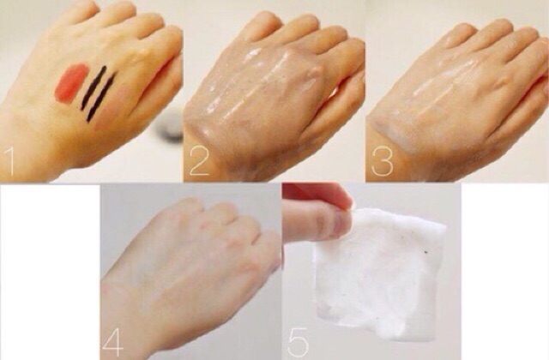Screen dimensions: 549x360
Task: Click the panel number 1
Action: coord(9,161)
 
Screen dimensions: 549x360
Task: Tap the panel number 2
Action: coord(200,161)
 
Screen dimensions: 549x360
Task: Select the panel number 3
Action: coord(382,161)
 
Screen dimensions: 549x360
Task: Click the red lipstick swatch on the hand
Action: coord(71,83)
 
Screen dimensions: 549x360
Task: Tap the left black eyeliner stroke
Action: coord(94,87)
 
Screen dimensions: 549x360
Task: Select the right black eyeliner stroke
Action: coord(101,96)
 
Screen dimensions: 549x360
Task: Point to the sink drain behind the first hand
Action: coord(169,129)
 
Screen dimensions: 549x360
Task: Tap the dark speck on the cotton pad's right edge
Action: coord(426,251)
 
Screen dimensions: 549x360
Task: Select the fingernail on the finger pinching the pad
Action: coord(340,224)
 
